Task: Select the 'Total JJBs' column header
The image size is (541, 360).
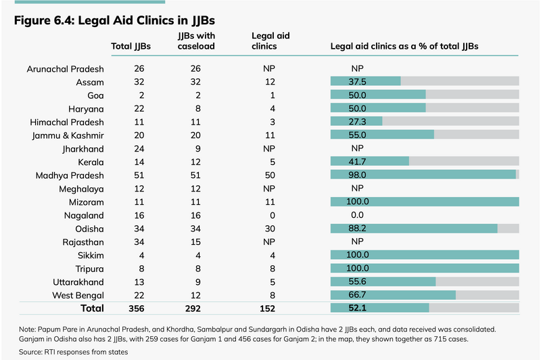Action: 131,47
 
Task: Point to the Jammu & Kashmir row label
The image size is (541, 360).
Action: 67,135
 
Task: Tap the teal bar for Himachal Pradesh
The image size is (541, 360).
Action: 356,122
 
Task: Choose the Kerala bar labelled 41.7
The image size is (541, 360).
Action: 369,162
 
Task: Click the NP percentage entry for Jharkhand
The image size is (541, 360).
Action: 358,148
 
